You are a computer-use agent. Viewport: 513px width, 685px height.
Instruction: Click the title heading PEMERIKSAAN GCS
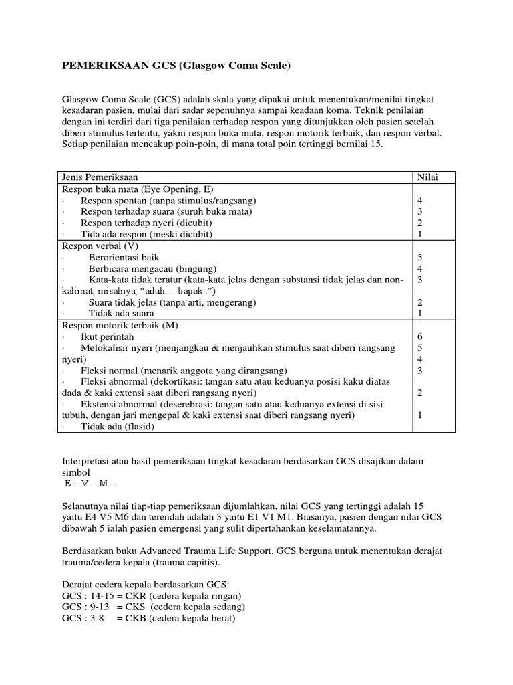pos(177,66)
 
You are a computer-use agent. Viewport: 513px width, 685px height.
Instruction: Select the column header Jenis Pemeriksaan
pos(100,177)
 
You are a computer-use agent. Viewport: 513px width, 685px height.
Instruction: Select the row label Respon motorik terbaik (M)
pos(120,325)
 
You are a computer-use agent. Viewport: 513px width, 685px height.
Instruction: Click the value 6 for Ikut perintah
pos(420,336)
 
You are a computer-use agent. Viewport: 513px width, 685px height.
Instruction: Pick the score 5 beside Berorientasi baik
pos(420,257)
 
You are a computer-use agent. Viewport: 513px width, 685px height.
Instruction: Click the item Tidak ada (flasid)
pos(117,427)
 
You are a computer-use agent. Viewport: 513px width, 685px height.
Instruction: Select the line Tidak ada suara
pos(121,313)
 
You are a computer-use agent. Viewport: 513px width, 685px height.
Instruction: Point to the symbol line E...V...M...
pos(90,484)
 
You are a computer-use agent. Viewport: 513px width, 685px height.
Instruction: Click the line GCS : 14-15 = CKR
pos(152,596)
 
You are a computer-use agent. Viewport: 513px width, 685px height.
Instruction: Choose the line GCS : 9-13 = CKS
pos(154,607)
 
